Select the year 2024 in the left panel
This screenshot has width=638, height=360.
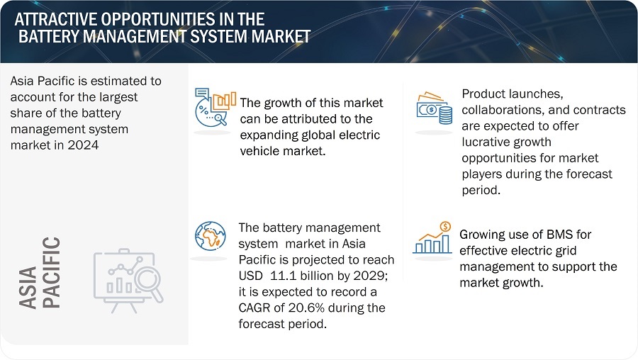coord(83,145)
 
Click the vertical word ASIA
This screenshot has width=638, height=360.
coord(28,288)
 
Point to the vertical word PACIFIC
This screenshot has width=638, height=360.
coord(51,273)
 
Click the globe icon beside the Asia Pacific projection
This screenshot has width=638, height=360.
coord(210,236)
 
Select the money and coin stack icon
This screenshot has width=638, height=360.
coord(435,108)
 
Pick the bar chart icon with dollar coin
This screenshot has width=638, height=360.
coord(432,238)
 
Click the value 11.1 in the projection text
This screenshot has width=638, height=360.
coord(283,276)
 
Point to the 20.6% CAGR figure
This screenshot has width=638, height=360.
coord(306,308)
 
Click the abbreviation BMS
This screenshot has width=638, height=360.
coord(559,235)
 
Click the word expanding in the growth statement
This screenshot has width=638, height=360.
coord(269,135)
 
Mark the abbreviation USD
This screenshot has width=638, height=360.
coord(250,276)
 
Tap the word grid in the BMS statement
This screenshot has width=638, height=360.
coord(564,251)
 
